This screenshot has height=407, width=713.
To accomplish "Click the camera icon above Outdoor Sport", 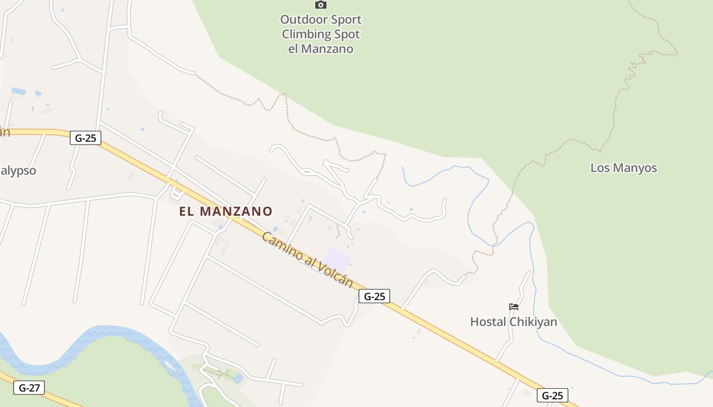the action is [320, 5].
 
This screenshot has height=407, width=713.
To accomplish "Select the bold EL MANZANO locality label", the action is [226, 211].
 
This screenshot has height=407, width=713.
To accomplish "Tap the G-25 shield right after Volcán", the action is [374, 296].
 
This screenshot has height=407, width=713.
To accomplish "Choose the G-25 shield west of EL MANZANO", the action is [86, 137].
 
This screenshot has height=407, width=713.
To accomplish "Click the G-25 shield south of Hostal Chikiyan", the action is [552, 395].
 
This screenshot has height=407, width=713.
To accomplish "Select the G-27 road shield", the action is [29, 388].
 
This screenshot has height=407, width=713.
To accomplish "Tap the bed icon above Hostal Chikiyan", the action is [514, 307].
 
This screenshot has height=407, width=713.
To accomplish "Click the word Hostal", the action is [488, 322].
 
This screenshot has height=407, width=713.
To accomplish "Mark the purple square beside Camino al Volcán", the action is [336, 258].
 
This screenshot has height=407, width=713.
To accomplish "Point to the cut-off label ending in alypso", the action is [18, 170].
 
